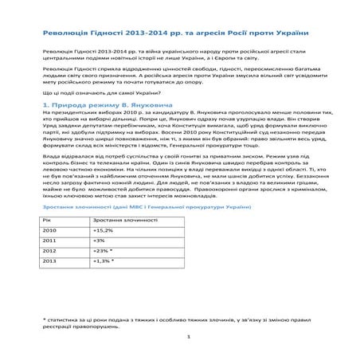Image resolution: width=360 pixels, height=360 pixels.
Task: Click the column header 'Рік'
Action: [47, 218]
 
